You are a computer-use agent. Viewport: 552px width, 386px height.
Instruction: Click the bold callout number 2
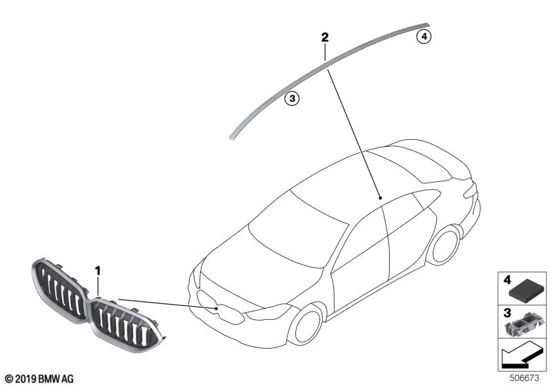tap(324, 37)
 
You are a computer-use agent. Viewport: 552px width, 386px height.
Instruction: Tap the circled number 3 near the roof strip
tap(292, 99)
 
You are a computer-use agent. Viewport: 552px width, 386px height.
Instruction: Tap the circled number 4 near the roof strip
tap(424, 36)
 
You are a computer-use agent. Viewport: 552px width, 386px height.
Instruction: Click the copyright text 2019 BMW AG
tap(39, 378)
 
